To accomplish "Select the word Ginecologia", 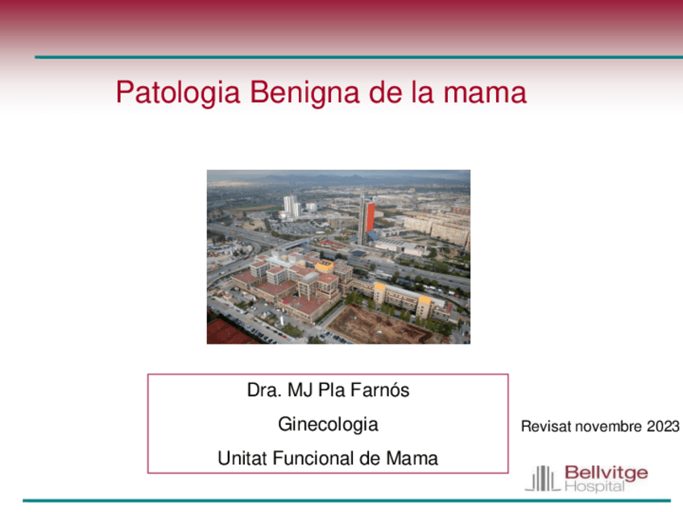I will pyautogui.click(x=328, y=424).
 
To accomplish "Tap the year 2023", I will pyautogui.click(x=663, y=427).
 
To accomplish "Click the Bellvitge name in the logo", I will pyautogui.click(x=606, y=473).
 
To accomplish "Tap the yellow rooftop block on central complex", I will pyautogui.click(x=325, y=266).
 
